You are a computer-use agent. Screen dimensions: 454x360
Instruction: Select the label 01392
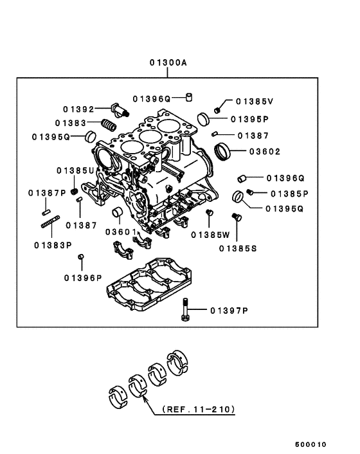[x=78, y=109]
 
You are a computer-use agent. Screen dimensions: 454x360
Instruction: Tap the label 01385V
[x=254, y=102]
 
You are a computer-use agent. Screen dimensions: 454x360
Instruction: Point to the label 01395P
[x=249, y=119]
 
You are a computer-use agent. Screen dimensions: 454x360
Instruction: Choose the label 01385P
[x=289, y=193]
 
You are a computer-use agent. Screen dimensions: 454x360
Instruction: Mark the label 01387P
[x=47, y=193]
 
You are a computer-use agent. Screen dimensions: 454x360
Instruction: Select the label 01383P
[x=53, y=244]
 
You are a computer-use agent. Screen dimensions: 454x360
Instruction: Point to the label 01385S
[x=237, y=248]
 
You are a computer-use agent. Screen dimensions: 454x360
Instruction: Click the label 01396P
[x=83, y=278]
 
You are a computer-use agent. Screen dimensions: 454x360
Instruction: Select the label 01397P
[x=228, y=311]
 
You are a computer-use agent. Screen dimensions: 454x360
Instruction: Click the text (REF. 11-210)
[x=198, y=408]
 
